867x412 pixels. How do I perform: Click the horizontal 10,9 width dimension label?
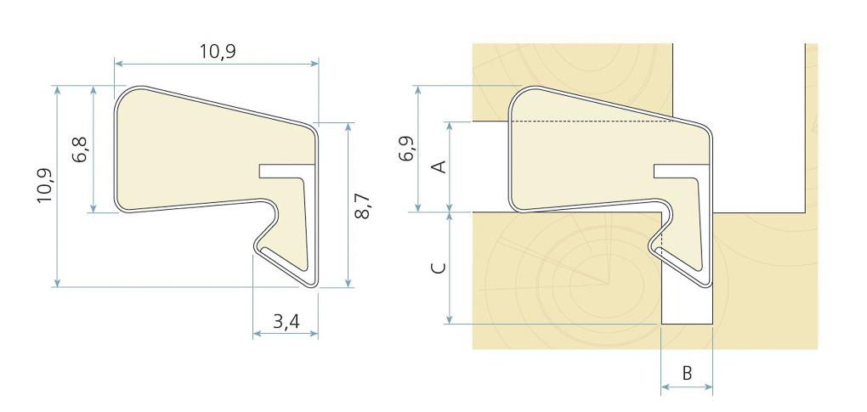[x=218, y=51]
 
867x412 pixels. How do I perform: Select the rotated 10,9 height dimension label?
[x=45, y=185]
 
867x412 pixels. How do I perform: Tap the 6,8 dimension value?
[x=81, y=150]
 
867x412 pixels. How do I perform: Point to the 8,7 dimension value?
[x=362, y=206]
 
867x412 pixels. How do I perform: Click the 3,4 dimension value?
[x=286, y=321]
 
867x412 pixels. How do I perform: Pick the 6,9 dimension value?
[x=406, y=148]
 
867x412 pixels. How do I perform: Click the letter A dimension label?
[x=440, y=166]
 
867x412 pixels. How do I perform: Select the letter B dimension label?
[x=687, y=373]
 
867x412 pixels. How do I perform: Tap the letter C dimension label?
[x=439, y=268]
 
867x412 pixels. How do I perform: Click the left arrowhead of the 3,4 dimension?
[x=257, y=334]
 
